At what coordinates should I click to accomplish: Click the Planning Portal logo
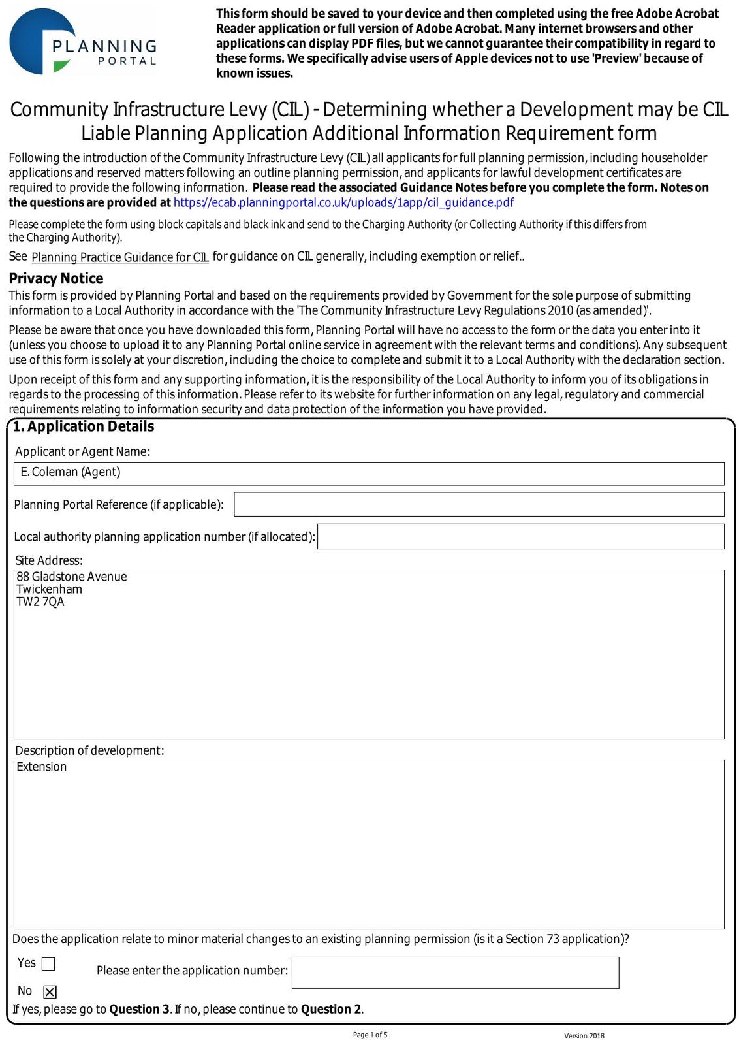83,42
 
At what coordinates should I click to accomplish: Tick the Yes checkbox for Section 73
48,964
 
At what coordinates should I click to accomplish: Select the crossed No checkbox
50,992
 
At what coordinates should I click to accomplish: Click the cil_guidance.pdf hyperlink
343,202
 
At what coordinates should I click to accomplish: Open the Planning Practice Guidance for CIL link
120,257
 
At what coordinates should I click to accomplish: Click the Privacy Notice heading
56,278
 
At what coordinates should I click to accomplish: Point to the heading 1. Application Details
84,426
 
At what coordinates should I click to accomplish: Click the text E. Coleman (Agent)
71,472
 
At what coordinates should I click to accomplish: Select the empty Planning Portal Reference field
479,504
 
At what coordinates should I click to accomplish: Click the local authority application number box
520,536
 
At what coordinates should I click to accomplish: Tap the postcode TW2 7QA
40,602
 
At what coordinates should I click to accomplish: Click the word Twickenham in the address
50,589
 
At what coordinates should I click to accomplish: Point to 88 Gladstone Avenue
72,577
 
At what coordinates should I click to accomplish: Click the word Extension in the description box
42,767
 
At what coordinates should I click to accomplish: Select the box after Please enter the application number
455,973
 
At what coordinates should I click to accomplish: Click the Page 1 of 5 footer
370,1035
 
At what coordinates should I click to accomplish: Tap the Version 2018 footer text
584,1036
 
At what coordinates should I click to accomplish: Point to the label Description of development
89,750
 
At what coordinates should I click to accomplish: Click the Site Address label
49,560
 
